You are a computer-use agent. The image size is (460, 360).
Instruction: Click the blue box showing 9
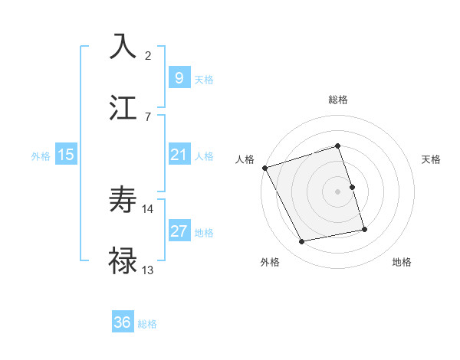[x=179, y=77]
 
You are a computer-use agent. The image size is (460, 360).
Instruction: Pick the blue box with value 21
[x=179, y=155]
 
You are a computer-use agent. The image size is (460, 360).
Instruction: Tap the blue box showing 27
[x=179, y=231]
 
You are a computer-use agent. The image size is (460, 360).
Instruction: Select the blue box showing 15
[x=66, y=155]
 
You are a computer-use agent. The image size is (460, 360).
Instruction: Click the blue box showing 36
[x=122, y=322]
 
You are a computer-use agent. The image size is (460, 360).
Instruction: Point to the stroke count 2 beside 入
[x=148, y=56]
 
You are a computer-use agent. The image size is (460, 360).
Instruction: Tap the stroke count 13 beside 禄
[x=148, y=270]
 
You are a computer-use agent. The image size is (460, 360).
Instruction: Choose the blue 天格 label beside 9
[x=204, y=79]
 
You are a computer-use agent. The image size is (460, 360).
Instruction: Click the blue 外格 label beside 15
[x=41, y=156]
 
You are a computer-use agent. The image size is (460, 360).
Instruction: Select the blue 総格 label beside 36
[x=147, y=324]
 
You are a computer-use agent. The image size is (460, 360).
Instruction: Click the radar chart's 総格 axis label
[x=338, y=100]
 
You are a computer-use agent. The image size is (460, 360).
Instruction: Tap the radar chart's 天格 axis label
[x=431, y=159]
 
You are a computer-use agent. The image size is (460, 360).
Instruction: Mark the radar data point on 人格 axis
[x=264, y=168]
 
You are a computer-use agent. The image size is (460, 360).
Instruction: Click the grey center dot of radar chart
[x=338, y=191]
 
